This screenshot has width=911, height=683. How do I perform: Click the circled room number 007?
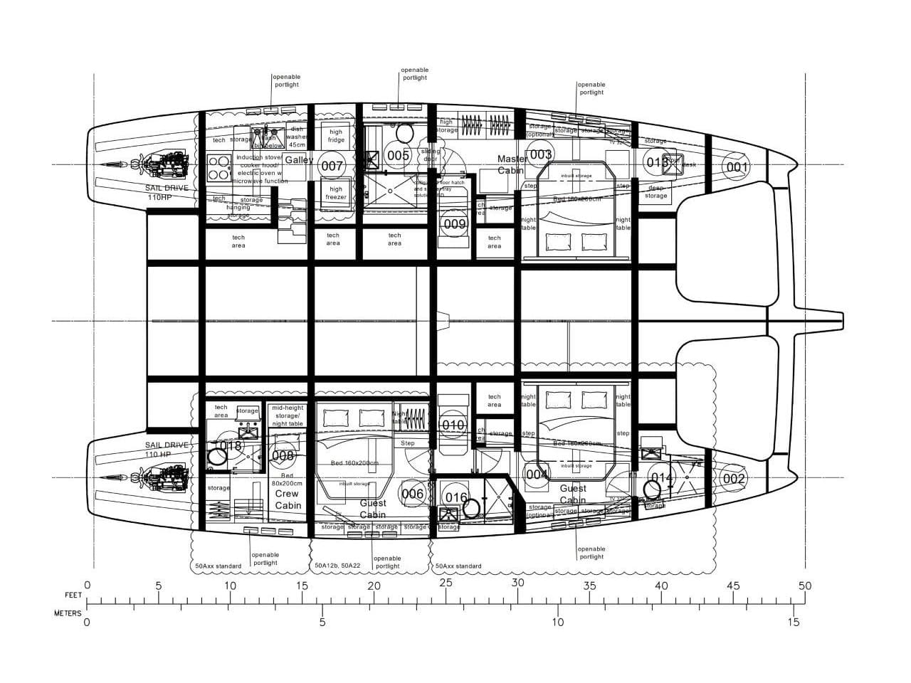click(332, 166)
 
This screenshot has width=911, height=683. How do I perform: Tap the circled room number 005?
click(397, 155)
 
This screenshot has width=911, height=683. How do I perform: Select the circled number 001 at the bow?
click(736, 168)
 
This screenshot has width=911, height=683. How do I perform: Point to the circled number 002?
click(734, 478)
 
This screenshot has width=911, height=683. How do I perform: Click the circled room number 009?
click(454, 224)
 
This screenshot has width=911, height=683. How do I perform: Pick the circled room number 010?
click(453, 425)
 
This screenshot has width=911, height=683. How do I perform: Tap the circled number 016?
click(456, 497)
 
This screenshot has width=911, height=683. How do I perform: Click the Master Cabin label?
click(512, 164)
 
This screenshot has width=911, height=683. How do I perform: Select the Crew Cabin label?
click(288, 499)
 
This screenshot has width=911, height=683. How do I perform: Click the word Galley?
click(299, 160)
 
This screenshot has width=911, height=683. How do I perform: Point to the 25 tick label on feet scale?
click(446, 583)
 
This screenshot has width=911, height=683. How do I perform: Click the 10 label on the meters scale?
click(557, 622)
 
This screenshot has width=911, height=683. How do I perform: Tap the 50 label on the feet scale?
click(804, 586)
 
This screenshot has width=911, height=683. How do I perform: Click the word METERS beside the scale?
click(68, 613)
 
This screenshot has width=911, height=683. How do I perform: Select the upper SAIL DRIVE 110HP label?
click(167, 192)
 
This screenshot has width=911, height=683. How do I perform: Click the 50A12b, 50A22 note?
click(338, 566)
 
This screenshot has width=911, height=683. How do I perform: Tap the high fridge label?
click(336, 136)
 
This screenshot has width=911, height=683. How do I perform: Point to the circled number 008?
click(283, 455)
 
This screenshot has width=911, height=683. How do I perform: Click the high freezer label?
click(336, 194)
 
